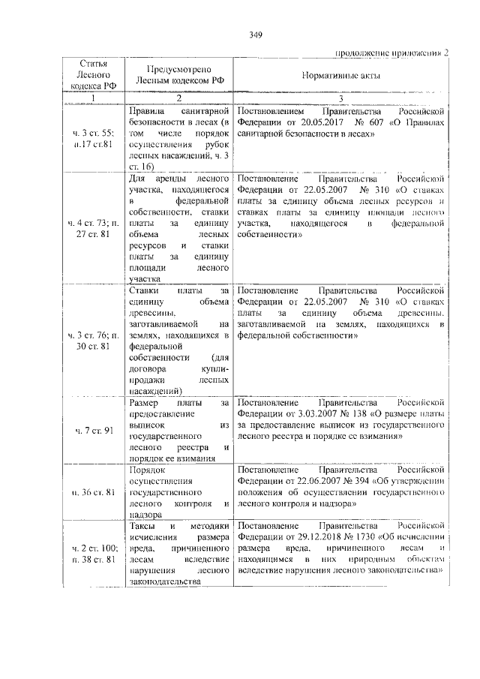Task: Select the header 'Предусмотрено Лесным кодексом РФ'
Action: coord(178,76)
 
